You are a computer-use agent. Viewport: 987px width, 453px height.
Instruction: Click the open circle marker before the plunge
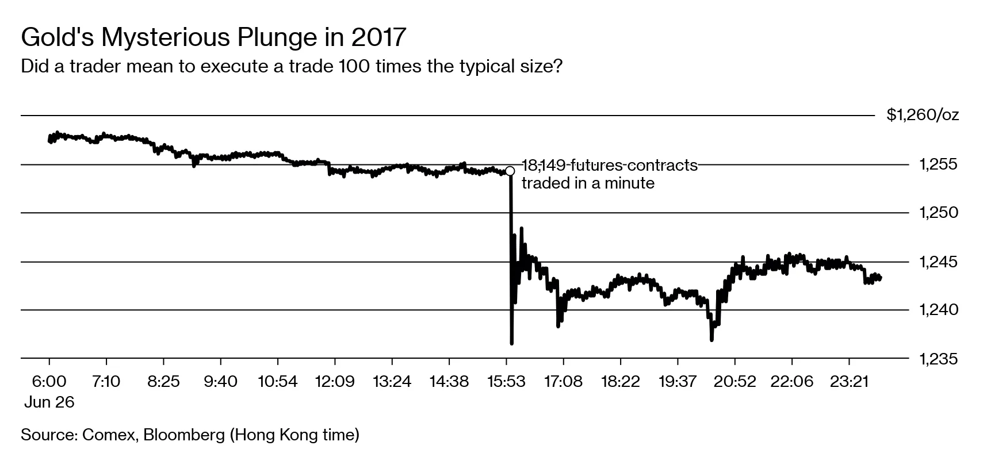510,171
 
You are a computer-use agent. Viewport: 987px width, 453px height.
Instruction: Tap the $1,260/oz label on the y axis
923,116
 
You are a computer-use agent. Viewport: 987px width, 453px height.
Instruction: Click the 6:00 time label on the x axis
49,382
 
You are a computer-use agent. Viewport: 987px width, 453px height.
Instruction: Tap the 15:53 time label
506,382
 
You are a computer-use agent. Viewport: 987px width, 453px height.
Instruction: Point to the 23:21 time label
849,382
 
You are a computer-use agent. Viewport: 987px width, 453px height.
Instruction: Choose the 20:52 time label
734,382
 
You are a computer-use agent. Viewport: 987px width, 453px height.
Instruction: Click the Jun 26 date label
49,402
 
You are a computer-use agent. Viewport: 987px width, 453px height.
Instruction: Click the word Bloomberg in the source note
184,435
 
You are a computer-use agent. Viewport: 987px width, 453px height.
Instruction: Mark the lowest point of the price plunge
511,344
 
